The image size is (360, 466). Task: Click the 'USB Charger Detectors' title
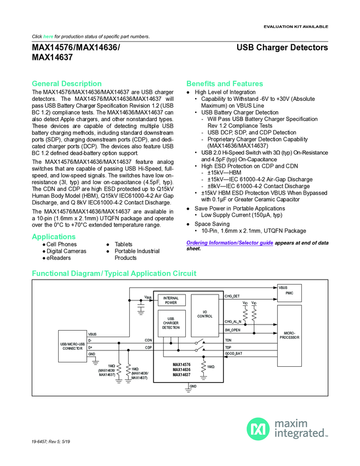(x=282, y=48)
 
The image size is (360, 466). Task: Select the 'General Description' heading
(x=67, y=83)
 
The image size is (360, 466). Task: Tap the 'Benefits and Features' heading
(x=225, y=83)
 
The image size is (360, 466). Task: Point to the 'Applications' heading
(x=54, y=236)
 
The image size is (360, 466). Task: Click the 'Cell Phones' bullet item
(x=61, y=244)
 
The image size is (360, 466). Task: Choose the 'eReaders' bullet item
(x=58, y=258)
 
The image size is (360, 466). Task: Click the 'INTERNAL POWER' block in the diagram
(x=171, y=300)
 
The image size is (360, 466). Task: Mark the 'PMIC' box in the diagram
(x=289, y=293)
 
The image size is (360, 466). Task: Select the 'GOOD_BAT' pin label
(x=234, y=354)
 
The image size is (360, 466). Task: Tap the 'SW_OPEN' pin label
(x=233, y=330)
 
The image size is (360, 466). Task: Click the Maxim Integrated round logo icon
(x=258, y=429)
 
